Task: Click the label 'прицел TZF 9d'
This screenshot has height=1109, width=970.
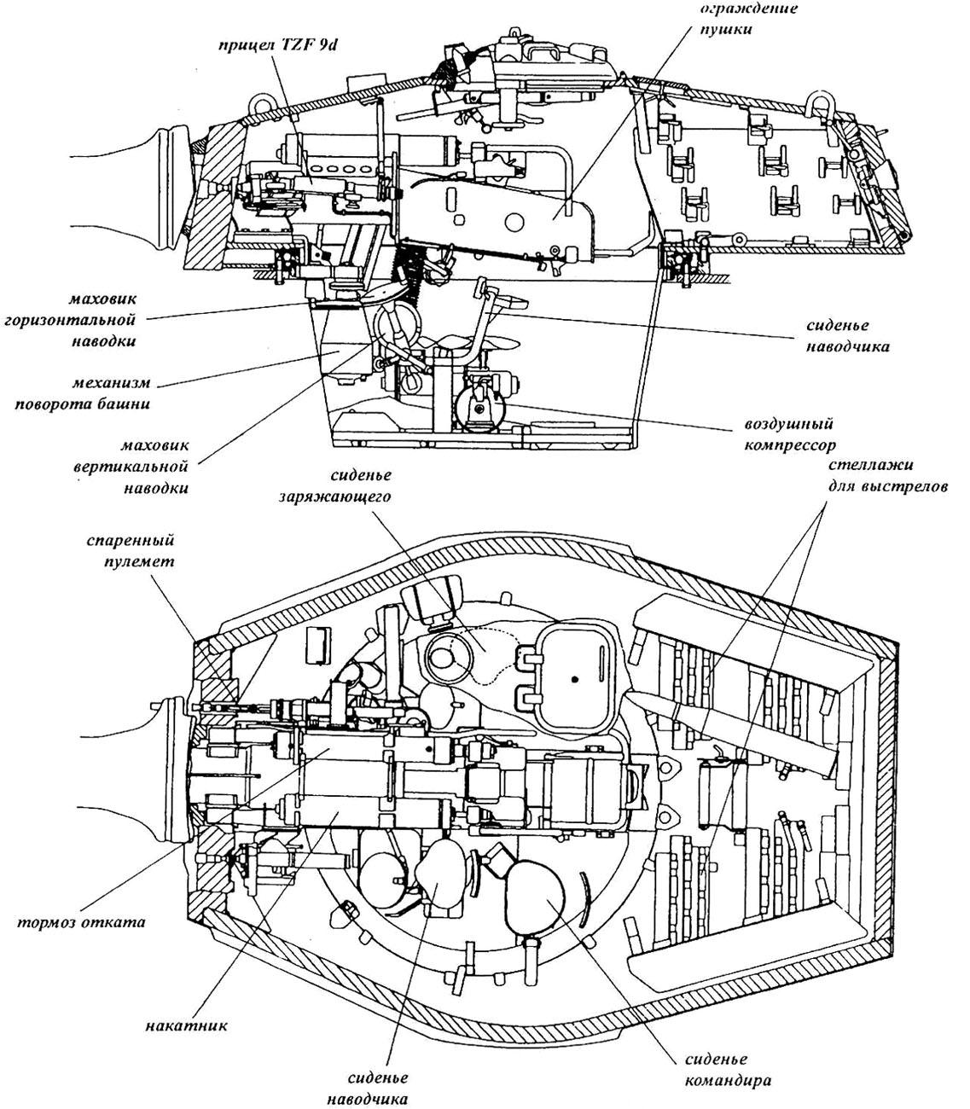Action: pyautogui.click(x=278, y=44)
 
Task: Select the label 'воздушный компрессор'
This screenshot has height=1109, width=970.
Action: pyautogui.click(x=789, y=435)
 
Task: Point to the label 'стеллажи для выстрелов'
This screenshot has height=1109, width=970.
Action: pyautogui.click(x=887, y=475)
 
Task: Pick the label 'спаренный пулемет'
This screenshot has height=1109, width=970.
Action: pyautogui.click(x=139, y=551)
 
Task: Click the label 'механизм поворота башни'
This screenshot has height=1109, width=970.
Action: pyautogui.click(x=83, y=393)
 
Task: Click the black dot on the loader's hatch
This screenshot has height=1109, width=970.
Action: pyautogui.click(x=575, y=679)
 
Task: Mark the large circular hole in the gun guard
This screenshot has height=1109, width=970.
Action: pyautogui.click(x=514, y=221)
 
